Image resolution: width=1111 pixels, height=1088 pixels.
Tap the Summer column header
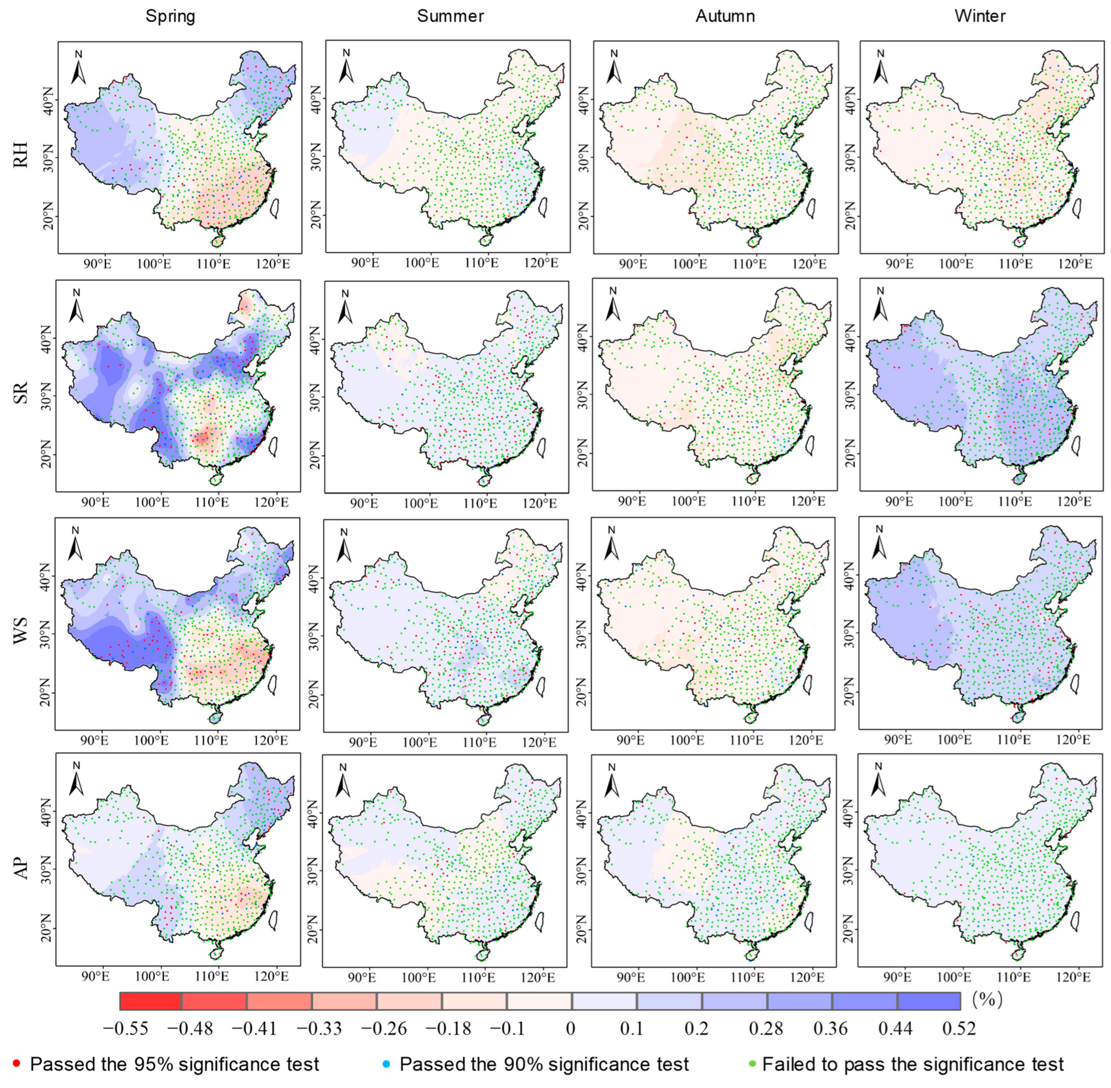450,16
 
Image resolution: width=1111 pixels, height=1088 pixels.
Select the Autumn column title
725,16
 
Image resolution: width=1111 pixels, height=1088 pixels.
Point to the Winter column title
980,16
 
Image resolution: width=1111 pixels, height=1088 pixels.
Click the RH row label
21,153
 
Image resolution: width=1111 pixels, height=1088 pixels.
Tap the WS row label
21,630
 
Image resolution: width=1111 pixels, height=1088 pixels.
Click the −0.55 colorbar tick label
125,1028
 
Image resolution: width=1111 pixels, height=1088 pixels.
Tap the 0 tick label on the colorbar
570,1028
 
